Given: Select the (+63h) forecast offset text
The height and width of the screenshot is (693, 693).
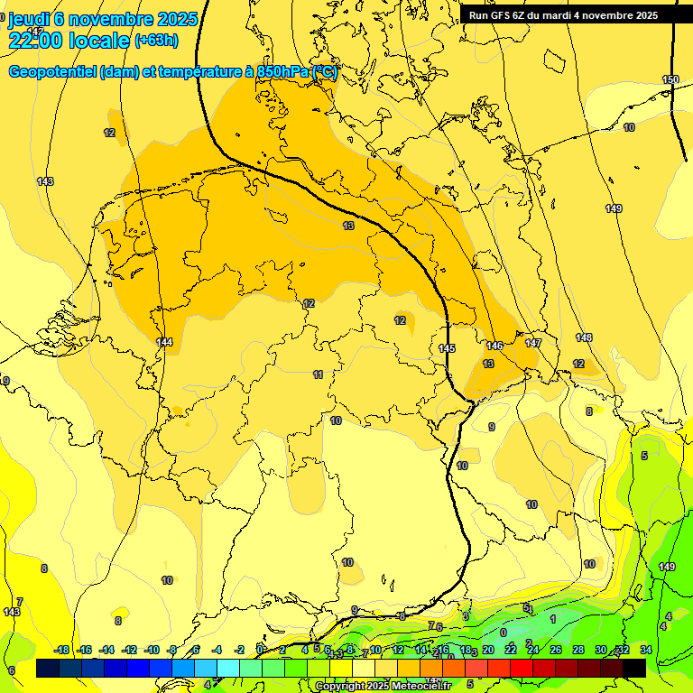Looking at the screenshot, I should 157,41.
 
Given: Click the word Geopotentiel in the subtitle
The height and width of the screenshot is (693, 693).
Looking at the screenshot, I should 53,72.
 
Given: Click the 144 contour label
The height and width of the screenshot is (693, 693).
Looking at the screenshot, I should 164,342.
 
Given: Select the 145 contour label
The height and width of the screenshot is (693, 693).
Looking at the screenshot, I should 447,348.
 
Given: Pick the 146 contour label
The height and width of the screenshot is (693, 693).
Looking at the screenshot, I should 494,346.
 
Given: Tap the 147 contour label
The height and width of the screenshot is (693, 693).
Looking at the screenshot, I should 533,343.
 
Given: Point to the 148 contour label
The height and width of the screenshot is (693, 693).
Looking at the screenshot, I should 584,337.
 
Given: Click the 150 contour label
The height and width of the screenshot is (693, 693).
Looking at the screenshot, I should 670,80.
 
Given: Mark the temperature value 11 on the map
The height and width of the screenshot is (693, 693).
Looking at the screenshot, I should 318,374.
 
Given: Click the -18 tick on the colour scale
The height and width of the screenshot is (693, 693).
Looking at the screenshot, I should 62,650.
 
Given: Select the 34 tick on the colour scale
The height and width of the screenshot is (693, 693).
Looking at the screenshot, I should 646,650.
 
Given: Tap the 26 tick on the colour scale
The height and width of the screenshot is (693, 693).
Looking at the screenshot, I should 556,650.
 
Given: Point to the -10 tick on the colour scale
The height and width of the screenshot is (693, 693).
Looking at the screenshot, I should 152,650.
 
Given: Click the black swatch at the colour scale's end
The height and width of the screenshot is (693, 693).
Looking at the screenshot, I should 634,668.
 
